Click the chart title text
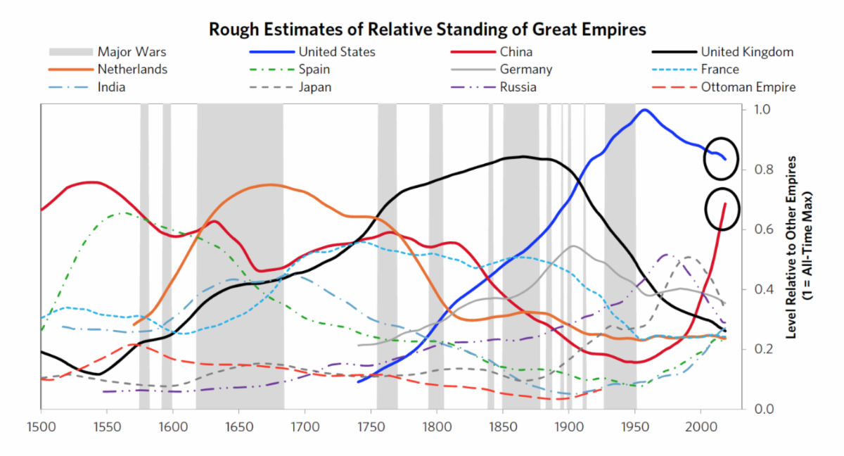(427, 30)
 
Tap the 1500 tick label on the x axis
(41, 426)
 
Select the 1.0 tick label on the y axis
(762, 110)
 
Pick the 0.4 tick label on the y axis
(762, 289)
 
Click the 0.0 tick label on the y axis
(762, 409)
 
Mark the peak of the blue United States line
(644, 110)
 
